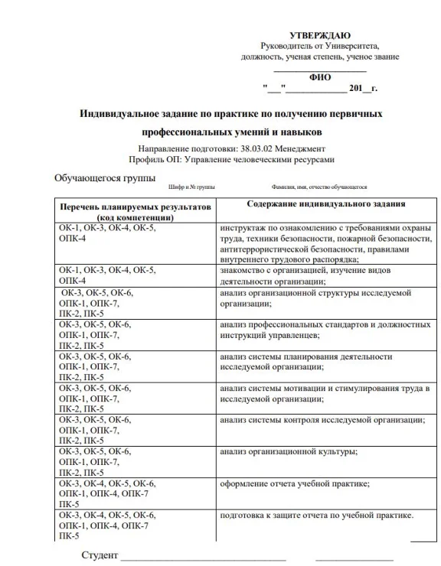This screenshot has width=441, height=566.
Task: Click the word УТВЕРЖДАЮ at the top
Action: point(321,36)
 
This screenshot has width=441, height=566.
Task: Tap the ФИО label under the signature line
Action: point(320,77)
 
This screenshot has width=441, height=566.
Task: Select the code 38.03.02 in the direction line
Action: point(260,148)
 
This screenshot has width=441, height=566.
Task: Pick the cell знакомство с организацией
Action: point(306,275)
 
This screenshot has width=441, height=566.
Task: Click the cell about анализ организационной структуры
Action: point(315,298)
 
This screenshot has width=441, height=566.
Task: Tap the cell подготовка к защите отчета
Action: point(316,515)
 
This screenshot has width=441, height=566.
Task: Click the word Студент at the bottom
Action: point(100,555)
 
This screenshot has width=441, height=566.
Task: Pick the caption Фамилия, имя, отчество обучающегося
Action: point(318,187)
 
